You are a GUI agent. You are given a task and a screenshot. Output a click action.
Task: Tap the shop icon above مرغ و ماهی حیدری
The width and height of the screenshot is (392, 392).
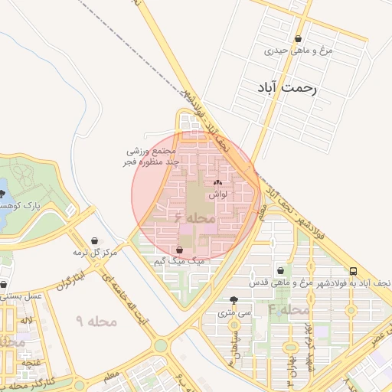298,39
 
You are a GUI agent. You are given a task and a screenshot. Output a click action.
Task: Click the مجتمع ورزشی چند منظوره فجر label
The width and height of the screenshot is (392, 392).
152,158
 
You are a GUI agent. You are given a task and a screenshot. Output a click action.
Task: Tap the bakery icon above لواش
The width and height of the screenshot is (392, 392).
218,183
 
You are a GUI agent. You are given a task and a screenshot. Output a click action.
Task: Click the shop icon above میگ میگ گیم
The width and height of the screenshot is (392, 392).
179,250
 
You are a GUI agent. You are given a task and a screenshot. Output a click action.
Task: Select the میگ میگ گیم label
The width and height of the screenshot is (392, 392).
180,261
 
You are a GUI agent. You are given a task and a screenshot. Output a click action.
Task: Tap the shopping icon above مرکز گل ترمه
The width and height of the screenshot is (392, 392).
94,240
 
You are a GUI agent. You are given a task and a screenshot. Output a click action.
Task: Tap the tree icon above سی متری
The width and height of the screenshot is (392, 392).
234,300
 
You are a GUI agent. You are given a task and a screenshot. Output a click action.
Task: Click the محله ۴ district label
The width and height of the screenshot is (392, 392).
288,310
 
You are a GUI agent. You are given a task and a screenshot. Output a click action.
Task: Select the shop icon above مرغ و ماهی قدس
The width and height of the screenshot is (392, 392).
281,270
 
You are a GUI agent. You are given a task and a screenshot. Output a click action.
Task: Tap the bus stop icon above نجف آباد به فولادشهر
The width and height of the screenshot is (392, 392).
353,271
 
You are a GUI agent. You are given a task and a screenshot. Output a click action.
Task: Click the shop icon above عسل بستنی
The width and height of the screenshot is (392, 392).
3,283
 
